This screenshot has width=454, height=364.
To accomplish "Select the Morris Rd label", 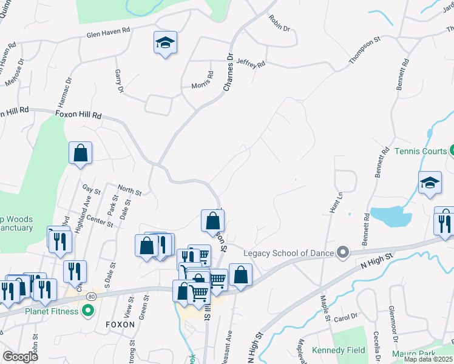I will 203,81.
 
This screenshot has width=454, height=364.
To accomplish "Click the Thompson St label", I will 364,50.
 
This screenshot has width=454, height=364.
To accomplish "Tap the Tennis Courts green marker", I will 452,151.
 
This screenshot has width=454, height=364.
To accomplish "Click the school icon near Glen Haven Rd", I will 164,42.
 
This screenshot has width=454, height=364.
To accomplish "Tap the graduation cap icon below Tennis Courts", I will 430,183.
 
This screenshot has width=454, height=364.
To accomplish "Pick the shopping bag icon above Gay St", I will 80,154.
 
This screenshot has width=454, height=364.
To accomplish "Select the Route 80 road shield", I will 91,296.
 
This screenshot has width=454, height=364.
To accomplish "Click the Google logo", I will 20,356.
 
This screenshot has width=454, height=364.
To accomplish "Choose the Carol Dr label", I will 345,317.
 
